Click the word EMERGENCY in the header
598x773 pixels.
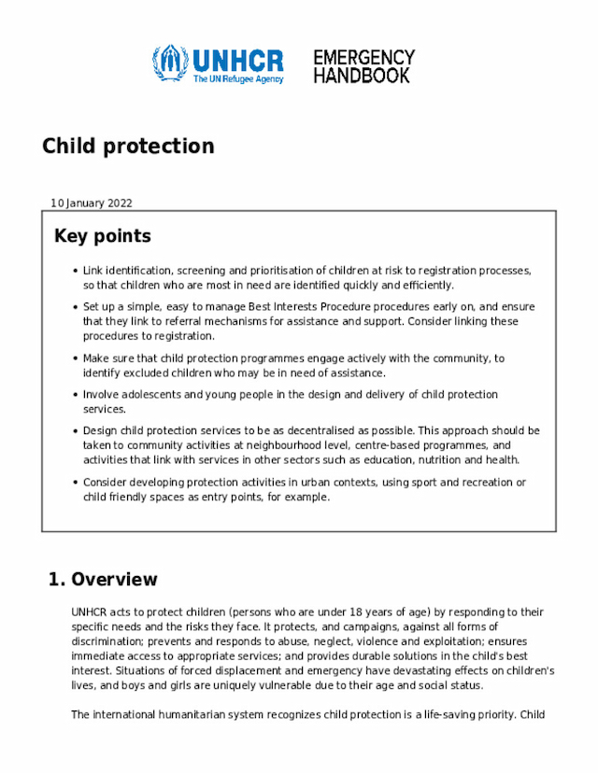(x=363, y=58)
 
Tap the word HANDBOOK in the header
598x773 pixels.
(x=361, y=76)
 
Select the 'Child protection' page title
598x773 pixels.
(x=128, y=147)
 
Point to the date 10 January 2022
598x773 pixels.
(x=92, y=203)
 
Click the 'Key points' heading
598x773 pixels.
(x=103, y=236)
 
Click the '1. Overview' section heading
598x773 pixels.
(x=103, y=580)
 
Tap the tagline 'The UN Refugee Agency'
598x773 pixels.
(x=237, y=79)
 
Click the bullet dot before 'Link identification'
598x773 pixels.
(x=74, y=272)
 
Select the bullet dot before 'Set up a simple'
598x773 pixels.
(x=74, y=307)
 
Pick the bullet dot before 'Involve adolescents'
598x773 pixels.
(x=74, y=396)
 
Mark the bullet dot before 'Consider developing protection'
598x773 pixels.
(x=74, y=484)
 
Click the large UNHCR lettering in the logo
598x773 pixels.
(x=237, y=61)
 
